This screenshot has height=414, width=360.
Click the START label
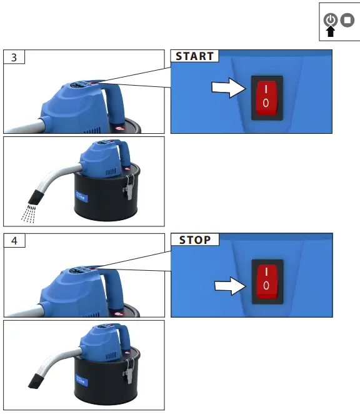pos(194,56)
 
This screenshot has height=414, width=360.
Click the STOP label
pos(194,240)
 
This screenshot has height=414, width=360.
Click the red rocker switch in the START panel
pos(267,96)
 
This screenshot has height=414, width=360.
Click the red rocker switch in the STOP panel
pos(267,280)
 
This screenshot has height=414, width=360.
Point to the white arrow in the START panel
pos(229,89)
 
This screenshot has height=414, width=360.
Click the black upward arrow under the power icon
pos(330,32)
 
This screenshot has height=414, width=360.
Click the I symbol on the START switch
pos(267,88)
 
